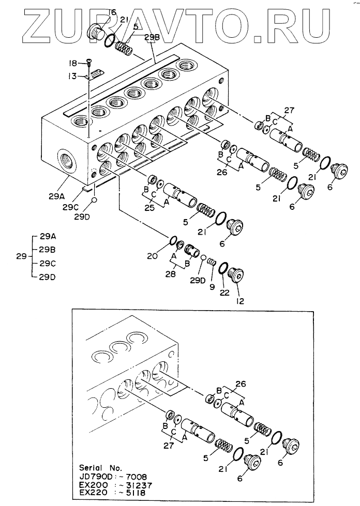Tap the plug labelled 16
click(x=96, y=32)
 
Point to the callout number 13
click(x=72, y=76)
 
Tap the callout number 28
click(x=171, y=274)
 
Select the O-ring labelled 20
click(x=172, y=240)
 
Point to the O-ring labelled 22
click(x=223, y=268)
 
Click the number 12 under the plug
click(x=240, y=301)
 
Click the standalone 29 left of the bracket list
click(x=22, y=256)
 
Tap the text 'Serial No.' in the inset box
click(x=100, y=467)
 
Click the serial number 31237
click(x=137, y=485)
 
